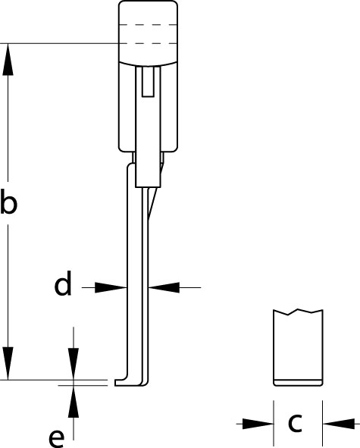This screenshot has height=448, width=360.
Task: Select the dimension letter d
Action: point(63,284)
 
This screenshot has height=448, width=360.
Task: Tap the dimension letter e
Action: point(57,438)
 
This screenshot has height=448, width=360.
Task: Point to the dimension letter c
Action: point(295,423)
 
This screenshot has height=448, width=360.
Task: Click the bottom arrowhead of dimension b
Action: point(8,364)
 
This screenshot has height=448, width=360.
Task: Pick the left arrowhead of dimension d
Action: point(111,287)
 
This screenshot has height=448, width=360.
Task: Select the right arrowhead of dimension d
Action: point(164,287)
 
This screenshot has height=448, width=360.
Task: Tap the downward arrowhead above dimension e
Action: point(74,364)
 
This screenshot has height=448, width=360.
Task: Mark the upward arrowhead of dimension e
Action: point(74,402)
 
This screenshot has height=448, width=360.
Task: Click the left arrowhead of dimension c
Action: point(258,424)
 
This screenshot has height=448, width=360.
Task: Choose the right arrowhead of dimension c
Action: point(338,424)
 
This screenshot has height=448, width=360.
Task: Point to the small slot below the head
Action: point(148,82)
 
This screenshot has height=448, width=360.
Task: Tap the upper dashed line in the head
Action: point(148,25)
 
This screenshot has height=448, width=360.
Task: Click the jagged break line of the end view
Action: point(298,312)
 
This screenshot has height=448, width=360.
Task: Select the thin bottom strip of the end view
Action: point(298,383)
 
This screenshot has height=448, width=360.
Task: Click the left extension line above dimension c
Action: point(274,423)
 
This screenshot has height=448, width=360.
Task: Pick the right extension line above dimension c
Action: point(323,423)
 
